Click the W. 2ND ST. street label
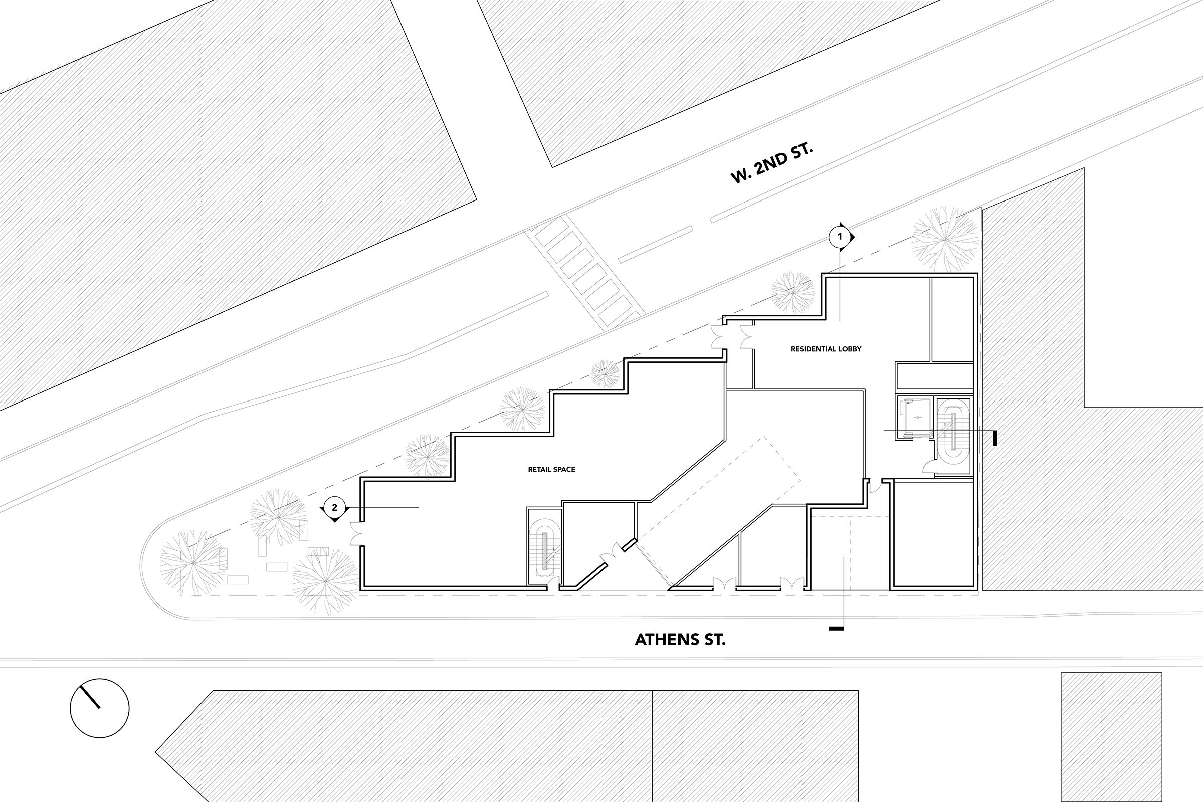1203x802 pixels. pyautogui.click(x=771, y=162)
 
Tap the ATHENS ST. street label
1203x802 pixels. pyautogui.click(x=680, y=640)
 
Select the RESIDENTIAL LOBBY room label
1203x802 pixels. pyautogui.click(x=826, y=349)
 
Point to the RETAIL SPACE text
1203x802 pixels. pyautogui.click(x=551, y=469)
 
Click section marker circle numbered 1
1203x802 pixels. pyautogui.click(x=839, y=237)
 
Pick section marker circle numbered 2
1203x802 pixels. pyautogui.click(x=334, y=507)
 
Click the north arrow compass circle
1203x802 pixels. pyautogui.click(x=99, y=708)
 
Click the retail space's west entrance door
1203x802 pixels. pyautogui.click(x=356, y=533)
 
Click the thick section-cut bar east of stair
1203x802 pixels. pyautogui.click(x=995, y=437)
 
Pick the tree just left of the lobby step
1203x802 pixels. pyautogui.click(x=792, y=292)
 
